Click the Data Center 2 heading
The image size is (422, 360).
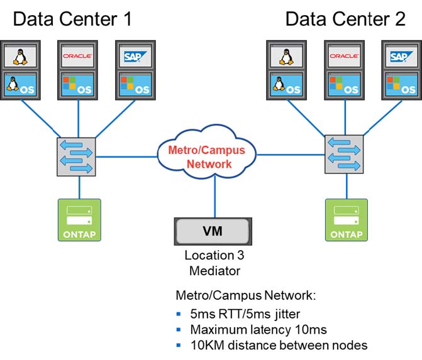[345, 19]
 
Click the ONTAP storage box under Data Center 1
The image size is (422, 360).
[79, 220]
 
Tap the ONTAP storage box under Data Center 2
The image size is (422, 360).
[345, 220]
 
